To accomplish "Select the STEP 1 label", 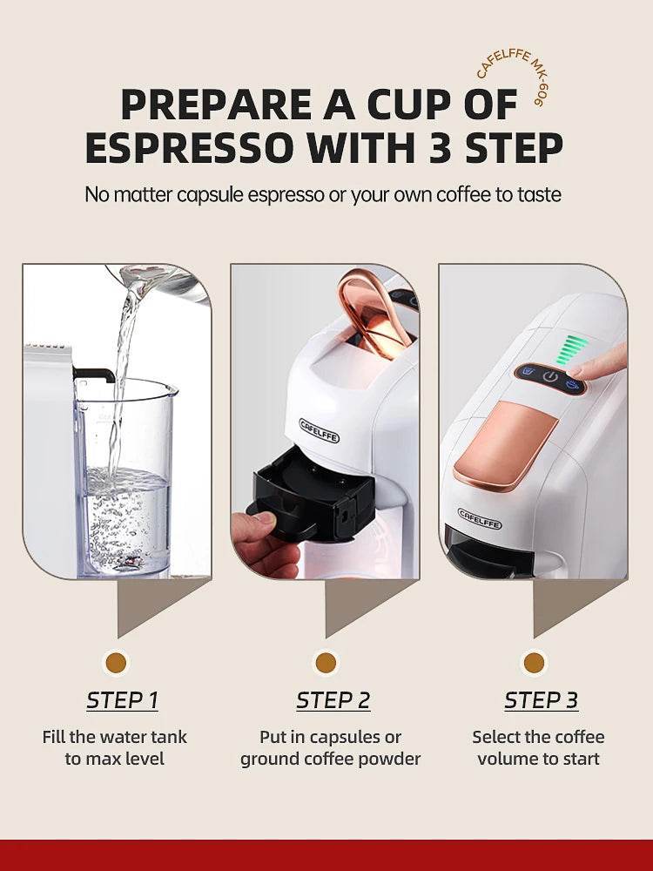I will click(122, 700).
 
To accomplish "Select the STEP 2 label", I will click(333, 700).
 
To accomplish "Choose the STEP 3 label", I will click(541, 700).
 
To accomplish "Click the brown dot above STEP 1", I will click(115, 663).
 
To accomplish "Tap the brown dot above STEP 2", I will click(326, 663).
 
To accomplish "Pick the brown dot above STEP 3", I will click(534, 663).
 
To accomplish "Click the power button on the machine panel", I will click(549, 377).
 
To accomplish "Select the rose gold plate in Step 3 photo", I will click(505, 444).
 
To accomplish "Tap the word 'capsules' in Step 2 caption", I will click(348, 737).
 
